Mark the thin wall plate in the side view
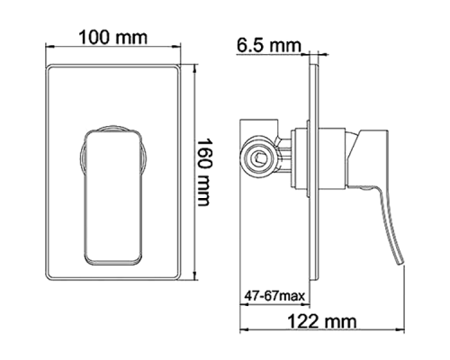tap(315, 180)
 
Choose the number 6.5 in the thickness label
tap(251, 44)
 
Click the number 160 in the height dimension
tap(212, 156)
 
